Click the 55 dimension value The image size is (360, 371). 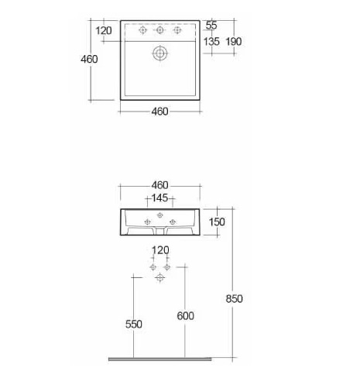pos(211,26)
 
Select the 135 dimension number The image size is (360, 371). pos(211,42)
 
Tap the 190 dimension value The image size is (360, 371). pos(234,42)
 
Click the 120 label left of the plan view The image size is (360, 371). pos(104,31)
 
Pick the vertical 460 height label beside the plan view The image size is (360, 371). pos(89,59)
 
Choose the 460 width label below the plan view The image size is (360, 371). pos(159,112)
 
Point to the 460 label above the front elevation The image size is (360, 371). pos(159,185)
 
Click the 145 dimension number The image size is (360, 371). pos(159,198)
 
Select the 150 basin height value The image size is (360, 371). pos(217,222)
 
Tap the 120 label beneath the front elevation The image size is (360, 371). pos(160,250)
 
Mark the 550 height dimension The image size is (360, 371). pos(134,324)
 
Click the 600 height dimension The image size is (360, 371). pos(185,316)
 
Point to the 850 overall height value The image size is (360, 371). pos(234,299)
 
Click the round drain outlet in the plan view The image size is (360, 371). pos(160,53)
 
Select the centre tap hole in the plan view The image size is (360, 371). pos(160,30)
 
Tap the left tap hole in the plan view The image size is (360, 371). pos(142,30)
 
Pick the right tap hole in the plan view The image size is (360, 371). pos(177,30)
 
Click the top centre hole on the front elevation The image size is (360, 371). pos(160,215)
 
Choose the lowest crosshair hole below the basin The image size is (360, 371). pos(160,277)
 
